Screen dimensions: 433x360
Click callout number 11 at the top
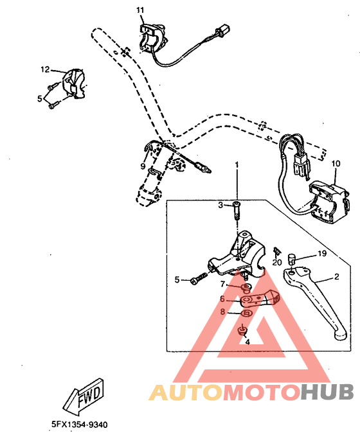[x=140, y=10]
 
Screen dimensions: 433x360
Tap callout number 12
[x=45, y=69]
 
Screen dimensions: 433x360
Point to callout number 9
[x=143, y=166]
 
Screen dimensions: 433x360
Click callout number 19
[x=322, y=254]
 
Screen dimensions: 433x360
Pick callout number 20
[x=277, y=262]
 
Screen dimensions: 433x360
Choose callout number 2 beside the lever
[x=336, y=278]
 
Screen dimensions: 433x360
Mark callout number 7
[x=222, y=284]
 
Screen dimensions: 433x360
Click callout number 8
[x=222, y=312]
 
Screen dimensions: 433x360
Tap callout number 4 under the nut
[x=246, y=342]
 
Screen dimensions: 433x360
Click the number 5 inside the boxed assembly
[x=177, y=279]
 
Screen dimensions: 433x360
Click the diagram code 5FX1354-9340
[x=79, y=424]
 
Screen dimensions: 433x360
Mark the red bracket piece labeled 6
[x=260, y=299]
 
